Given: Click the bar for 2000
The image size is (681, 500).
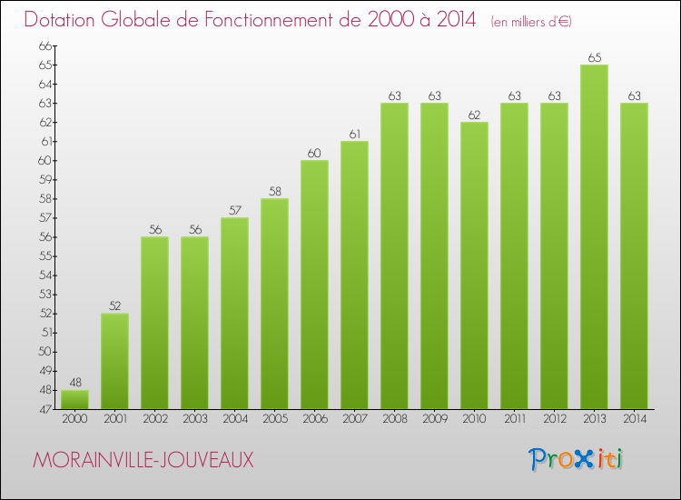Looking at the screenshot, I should [x=74, y=399].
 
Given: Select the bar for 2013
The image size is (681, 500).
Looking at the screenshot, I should [x=594, y=236].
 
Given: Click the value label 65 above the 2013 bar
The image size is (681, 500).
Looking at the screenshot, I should [x=594, y=57].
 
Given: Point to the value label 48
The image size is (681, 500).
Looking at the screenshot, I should [x=74, y=383].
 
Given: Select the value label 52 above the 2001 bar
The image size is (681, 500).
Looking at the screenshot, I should [x=114, y=306].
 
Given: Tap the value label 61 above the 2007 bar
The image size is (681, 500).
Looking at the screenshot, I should [x=354, y=135].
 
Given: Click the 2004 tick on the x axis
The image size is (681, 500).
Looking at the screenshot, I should [x=234, y=420].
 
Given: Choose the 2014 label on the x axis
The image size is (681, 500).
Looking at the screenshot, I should [x=634, y=420].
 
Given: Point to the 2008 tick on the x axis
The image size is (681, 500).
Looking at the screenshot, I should [x=394, y=420].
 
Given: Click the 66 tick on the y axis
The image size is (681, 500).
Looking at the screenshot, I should [x=45, y=45].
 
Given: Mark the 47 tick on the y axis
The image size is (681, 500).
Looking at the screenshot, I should [x=45, y=409].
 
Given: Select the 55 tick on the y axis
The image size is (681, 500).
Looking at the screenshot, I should [x=45, y=256].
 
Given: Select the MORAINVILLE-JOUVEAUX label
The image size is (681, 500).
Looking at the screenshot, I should [x=143, y=460].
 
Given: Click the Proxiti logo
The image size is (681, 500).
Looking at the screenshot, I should [x=577, y=459].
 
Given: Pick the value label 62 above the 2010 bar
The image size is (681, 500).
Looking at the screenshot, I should [x=474, y=115].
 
